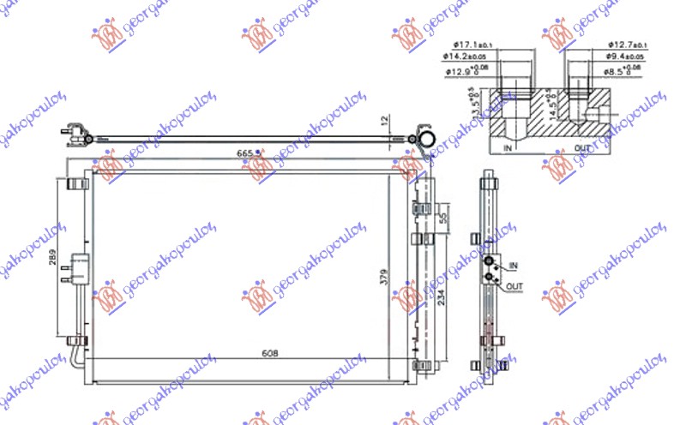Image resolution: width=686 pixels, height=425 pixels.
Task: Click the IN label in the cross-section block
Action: pos(509,148)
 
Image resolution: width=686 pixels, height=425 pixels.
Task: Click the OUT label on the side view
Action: pos(514,285)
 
